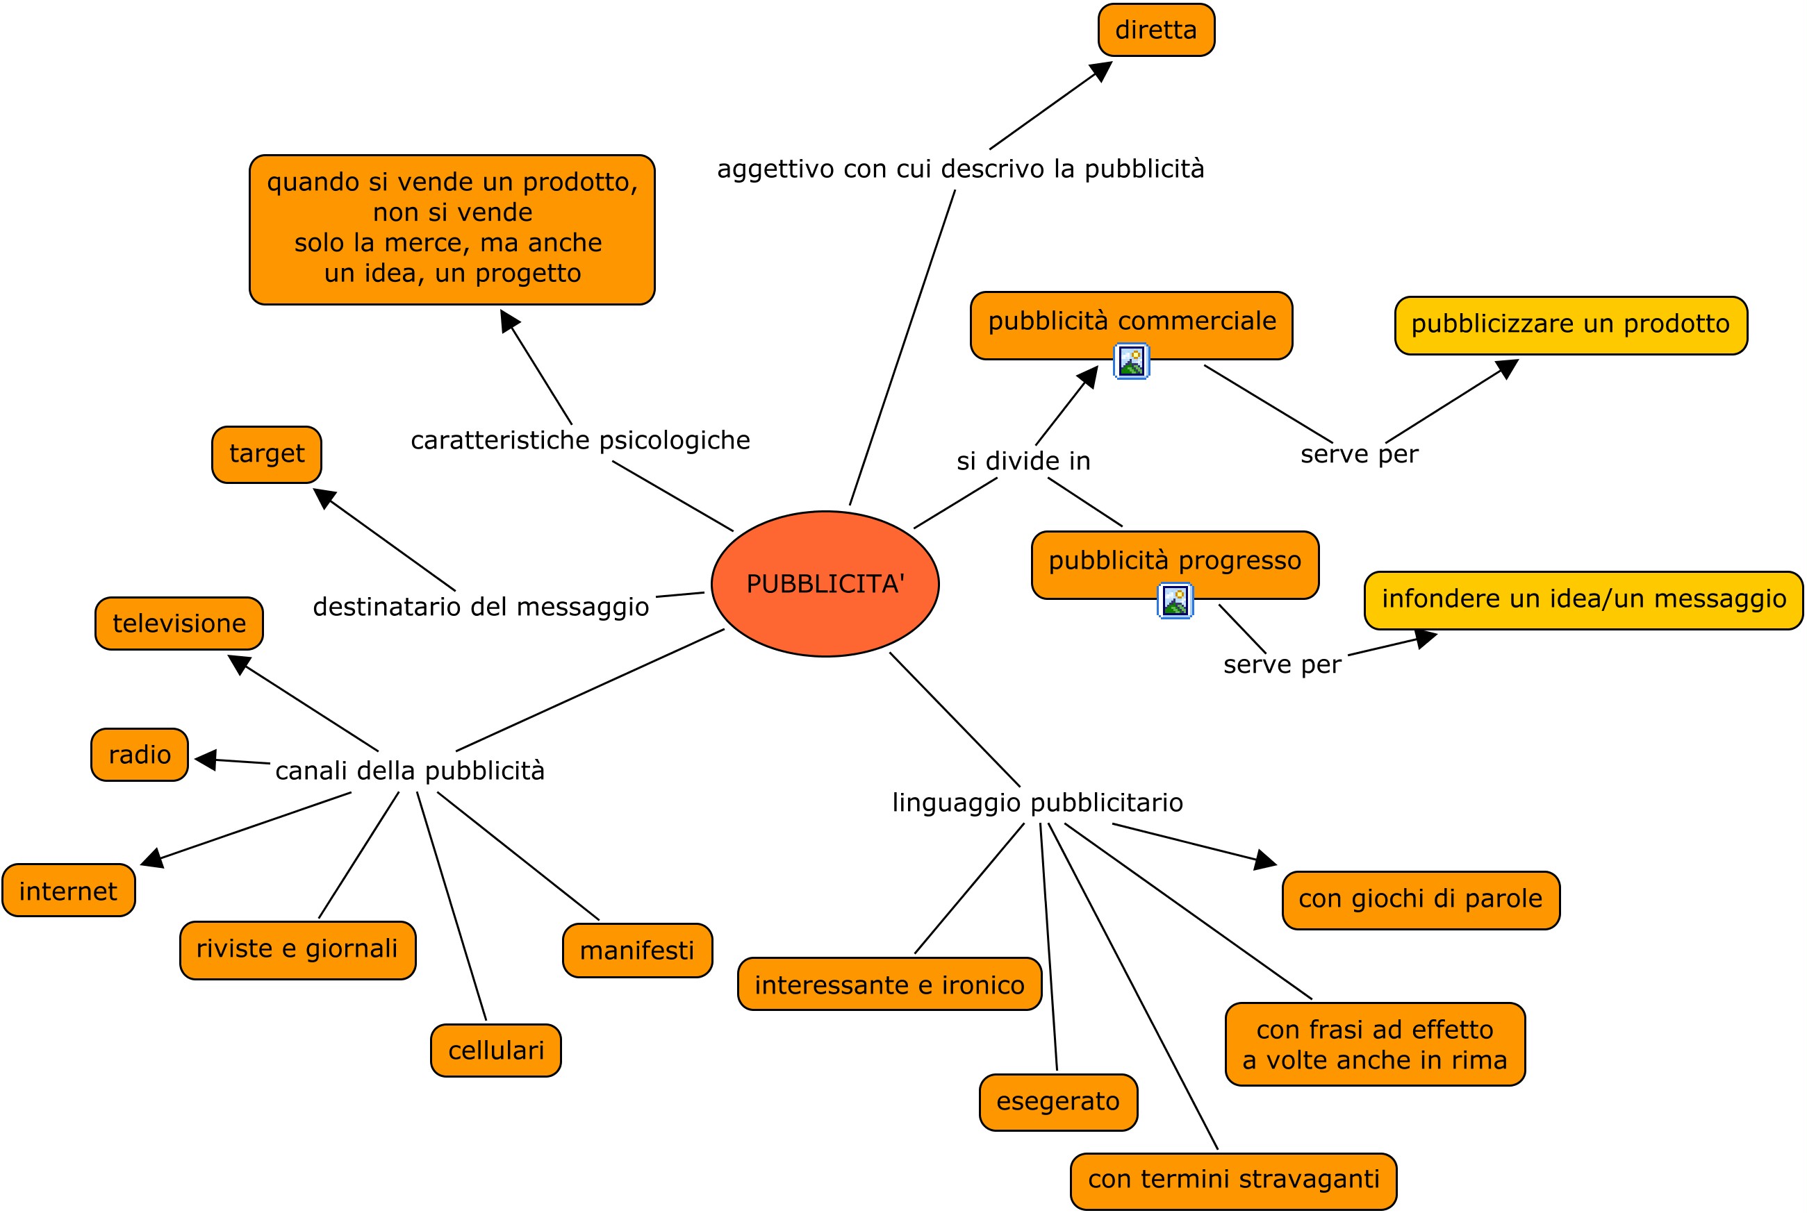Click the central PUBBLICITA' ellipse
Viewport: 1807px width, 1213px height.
click(x=825, y=584)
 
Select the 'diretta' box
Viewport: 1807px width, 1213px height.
click(x=1156, y=30)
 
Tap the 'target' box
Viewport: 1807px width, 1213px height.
click(x=267, y=454)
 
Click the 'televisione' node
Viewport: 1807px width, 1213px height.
click(x=179, y=624)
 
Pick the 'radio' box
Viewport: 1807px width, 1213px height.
click(x=140, y=754)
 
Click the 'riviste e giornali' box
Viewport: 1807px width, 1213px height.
click(x=298, y=949)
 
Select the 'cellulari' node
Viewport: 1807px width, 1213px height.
click(x=496, y=1051)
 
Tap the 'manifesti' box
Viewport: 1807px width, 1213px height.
click(x=637, y=951)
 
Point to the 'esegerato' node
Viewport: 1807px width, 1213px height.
click(x=1058, y=1102)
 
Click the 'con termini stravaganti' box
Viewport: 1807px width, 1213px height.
click(x=1234, y=1179)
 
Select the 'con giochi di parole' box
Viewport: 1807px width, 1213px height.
click(x=1421, y=899)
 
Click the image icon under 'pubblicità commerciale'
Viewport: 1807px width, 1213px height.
click(x=1132, y=361)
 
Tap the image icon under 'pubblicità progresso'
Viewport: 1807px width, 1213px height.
click(x=1175, y=601)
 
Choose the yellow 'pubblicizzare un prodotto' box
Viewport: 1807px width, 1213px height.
click(x=1570, y=325)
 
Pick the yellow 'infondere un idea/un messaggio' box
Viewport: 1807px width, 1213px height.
click(x=1583, y=599)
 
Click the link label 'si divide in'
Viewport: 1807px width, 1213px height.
click(x=1023, y=462)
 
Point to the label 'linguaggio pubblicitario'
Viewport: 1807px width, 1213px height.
click(x=1037, y=803)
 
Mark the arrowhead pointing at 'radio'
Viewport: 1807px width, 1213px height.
click(x=205, y=760)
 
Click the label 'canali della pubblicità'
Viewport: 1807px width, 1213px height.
click(x=410, y=771)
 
